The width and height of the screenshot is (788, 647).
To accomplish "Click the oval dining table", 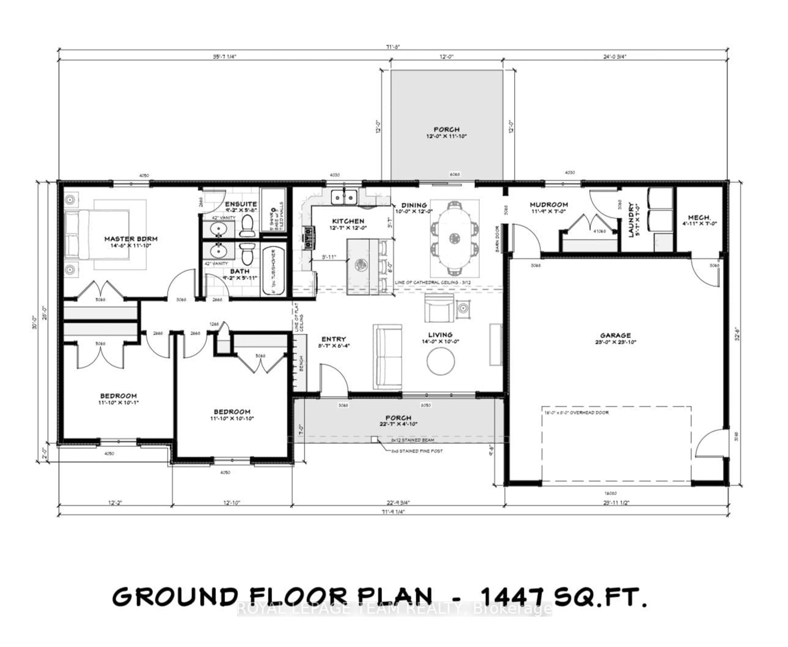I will [x=454, y=237].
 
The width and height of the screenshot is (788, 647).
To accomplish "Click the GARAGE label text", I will [x=615, y=335].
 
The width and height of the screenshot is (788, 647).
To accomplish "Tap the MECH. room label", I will [x=699, y=217].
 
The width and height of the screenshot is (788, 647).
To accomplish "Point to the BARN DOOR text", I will [x=497, y=239].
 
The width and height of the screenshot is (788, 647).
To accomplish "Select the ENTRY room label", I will [x=333, y=339].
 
